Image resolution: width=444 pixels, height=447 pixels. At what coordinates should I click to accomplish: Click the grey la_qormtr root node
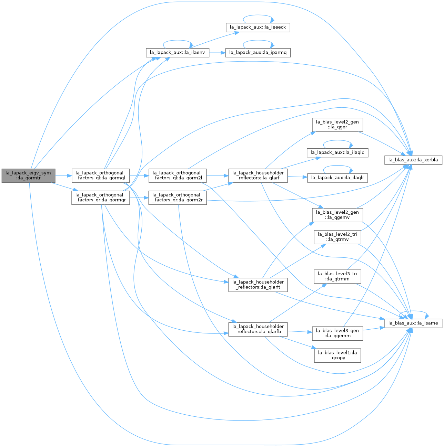click(28, 175)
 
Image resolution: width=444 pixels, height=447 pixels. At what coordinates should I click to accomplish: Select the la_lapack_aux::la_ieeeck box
click(258, 28)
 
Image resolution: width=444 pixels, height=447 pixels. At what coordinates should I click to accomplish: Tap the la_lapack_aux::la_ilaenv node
click(178, 53)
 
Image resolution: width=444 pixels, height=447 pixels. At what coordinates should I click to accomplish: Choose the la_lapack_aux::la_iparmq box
click(258, 53)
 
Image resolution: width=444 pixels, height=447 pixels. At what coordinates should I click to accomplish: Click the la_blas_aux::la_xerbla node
click(413, 160)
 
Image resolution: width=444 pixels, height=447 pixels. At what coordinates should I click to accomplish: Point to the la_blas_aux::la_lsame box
click(413, 323)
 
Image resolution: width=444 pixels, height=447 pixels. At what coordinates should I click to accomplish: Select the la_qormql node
click(100, 175)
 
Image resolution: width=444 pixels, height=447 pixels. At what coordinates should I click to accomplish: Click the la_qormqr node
click(100, 198)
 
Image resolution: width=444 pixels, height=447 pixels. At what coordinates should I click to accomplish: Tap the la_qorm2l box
click(178, 175)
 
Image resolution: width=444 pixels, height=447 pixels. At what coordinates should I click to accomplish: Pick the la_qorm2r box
click(178, 198)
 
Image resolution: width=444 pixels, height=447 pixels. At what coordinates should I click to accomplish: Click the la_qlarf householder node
click(258, 175)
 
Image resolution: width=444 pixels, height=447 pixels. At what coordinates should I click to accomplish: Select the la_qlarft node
click(258, 285)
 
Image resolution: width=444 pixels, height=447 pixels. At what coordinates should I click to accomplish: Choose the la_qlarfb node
click(258, 329)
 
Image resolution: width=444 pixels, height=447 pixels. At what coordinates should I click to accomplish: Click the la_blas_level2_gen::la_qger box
click(337, 125)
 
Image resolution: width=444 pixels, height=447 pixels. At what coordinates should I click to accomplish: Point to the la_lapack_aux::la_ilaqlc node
click(337, 153)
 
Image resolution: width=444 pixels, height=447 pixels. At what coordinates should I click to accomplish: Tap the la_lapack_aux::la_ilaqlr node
click(337, 178)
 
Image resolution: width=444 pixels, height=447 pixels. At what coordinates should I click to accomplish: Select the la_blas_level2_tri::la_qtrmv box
click(337, 237)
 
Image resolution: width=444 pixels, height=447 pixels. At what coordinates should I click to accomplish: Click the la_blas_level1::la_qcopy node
click(337, 355)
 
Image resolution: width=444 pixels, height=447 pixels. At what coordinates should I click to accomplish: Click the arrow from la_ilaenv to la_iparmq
click(218, 53)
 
